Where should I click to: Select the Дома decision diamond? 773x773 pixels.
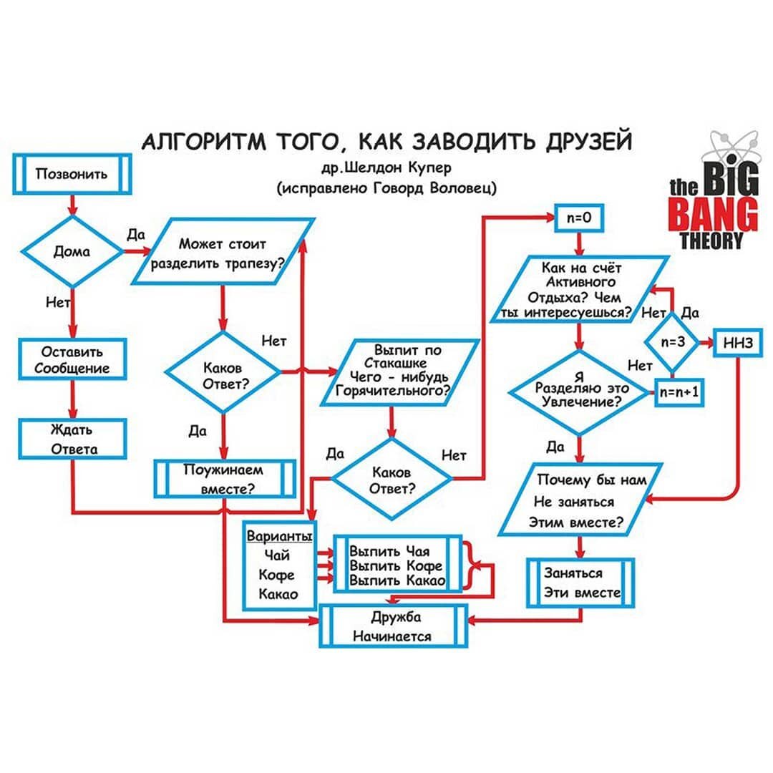tap(72, 251)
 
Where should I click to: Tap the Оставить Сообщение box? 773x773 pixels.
tap(72, 360)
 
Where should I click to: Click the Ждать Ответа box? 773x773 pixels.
tap(72, 439)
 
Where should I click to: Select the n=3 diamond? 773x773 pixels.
tap(673, 342)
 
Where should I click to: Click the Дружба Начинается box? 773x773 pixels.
tap(394, 626)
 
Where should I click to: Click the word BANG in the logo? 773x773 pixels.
tap(712, 213)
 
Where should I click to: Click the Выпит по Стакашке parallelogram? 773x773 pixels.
tap(406, 371)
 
